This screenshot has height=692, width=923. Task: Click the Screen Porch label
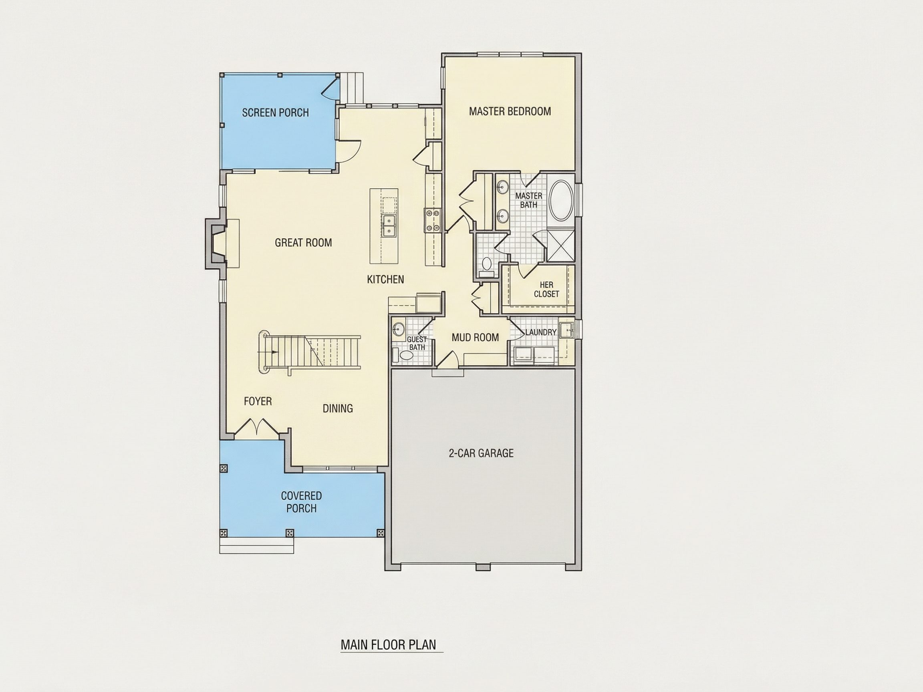pos(275,113)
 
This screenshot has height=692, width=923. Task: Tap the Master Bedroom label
pos(510,111)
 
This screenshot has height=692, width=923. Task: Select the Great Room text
pos(303,242)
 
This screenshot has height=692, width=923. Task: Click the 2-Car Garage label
pos(481,453)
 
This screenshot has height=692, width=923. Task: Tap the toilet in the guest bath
pos(404,355)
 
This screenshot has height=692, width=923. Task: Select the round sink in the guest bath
pos(399,330)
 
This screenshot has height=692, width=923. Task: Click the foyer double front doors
pos(257,428)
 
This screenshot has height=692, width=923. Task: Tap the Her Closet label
pos(546,289)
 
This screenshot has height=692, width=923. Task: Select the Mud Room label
pos(475,338)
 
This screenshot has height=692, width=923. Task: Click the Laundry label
pos(541,332)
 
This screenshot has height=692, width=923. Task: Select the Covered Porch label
pos(301,502)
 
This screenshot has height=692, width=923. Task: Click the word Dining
pos(338,408)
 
